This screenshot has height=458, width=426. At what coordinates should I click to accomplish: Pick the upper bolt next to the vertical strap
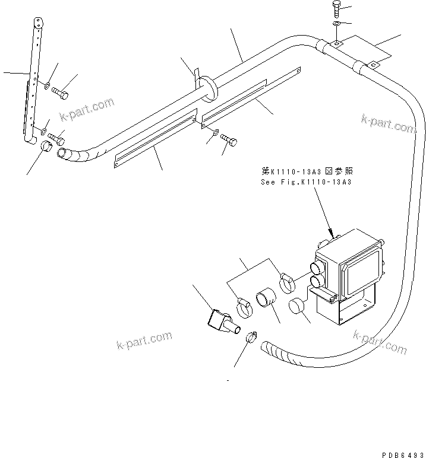60,93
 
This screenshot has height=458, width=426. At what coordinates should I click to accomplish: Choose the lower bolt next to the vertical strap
56,140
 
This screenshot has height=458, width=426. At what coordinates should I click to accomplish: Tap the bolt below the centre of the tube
231,139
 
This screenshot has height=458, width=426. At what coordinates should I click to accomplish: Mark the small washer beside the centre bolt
214,133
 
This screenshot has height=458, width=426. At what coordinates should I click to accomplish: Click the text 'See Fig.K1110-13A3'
306,183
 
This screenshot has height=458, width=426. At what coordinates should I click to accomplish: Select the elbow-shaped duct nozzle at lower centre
220,321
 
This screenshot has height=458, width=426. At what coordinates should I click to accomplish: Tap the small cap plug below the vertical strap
46,147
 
